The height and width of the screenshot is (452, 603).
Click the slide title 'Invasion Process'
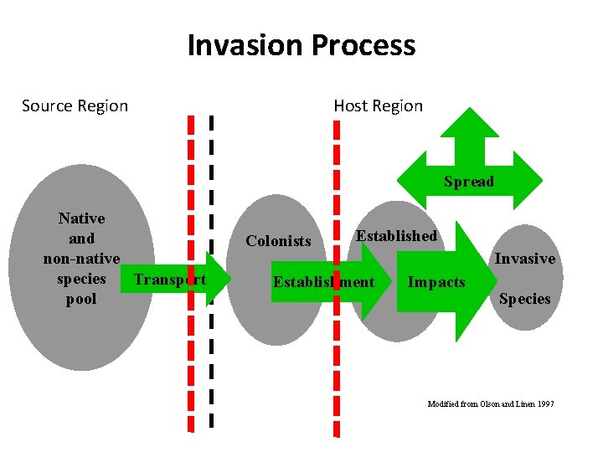(x=301, y=45)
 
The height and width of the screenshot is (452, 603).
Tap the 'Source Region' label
(x=75, y=106)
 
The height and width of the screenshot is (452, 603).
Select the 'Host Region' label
(x=378, y=106)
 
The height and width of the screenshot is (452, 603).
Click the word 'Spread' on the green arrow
(x=469, y=182)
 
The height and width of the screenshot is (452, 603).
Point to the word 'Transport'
(x=170, y=280)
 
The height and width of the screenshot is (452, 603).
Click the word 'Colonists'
(x=278, y=241)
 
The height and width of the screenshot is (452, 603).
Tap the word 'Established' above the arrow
(x=396, y=236)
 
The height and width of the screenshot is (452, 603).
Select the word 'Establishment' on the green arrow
(x=323, y=282)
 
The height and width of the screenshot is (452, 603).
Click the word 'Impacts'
(x=435, y=282)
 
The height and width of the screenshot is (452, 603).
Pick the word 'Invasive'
(x=524, y=259)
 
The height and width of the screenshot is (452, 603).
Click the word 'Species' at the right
(x=524, y=299)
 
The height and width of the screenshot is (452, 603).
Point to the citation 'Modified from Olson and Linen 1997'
(x=491, y=404)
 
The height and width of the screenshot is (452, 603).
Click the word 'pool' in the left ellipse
(x=81, y=299)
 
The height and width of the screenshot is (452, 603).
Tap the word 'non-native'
(x=81, y=259)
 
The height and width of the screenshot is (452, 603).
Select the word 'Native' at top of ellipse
(x=81, y=218)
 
